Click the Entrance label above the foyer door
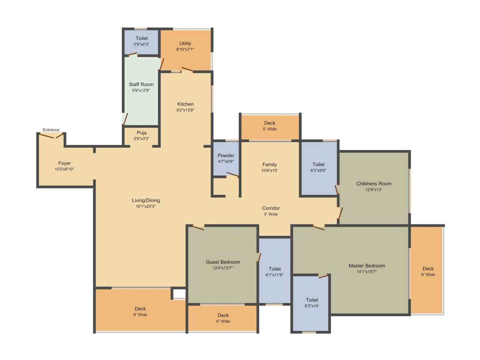[51, 130]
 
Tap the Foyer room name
[65, 163]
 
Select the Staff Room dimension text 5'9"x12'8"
[141, 90]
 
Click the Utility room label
[185, 44]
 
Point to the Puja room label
[142, 133]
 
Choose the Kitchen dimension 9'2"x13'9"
[185, 110]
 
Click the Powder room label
[226, 156]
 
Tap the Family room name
[270, 165]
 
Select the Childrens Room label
[374, 184]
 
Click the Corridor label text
[271, 208]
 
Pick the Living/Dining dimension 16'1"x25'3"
[146, 206]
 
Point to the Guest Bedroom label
[223, 262]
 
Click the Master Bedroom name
[367, 266]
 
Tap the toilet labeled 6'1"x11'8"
[275, 272]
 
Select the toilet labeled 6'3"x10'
[312, 303]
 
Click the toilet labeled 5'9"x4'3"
[142, 41]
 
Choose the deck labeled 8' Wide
[140, 312]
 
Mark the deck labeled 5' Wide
[270, 126]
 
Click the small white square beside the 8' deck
[179, 293]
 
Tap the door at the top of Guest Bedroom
[198, 228]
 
